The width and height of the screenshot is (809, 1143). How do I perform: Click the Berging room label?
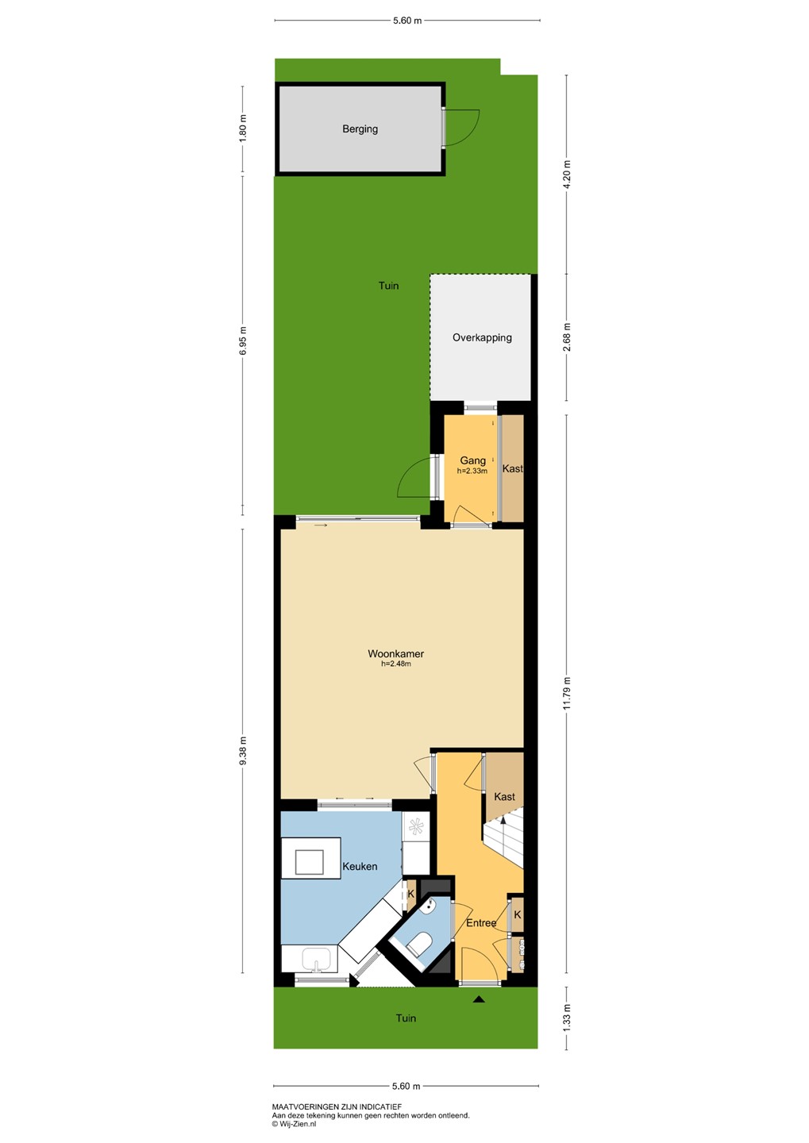pyautogui.click(x=360, y=129)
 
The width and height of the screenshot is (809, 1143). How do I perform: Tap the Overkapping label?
pyautogui.click(x=482, y=337)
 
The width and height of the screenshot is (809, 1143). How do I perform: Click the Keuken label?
pyautogui.click(x=360, y=866)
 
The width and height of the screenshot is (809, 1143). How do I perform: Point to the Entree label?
pyautogui.click(x=481, y=922)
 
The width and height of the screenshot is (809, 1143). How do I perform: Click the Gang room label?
pyautogui.click(x=472, y=460)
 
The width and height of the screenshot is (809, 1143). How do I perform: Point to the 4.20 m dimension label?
pyautogui.click(x=568, y=175)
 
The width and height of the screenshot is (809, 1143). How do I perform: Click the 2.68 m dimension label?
pyautogui.click(x=568, y=337)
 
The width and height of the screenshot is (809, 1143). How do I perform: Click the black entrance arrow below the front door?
pyautogui.click(x=478, y=999)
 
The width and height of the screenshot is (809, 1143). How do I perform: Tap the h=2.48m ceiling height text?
pyautogui.click(x=395, y=664)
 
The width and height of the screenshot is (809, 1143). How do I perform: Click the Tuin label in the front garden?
pyautogui.click(x=406, y=1018)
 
